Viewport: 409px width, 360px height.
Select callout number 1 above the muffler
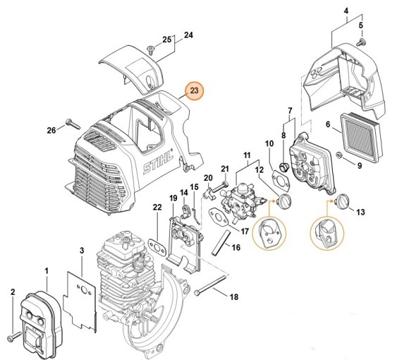pos(47,271)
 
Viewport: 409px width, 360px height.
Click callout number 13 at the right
pos(361,212)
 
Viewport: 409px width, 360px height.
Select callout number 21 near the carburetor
pos(224,168)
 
